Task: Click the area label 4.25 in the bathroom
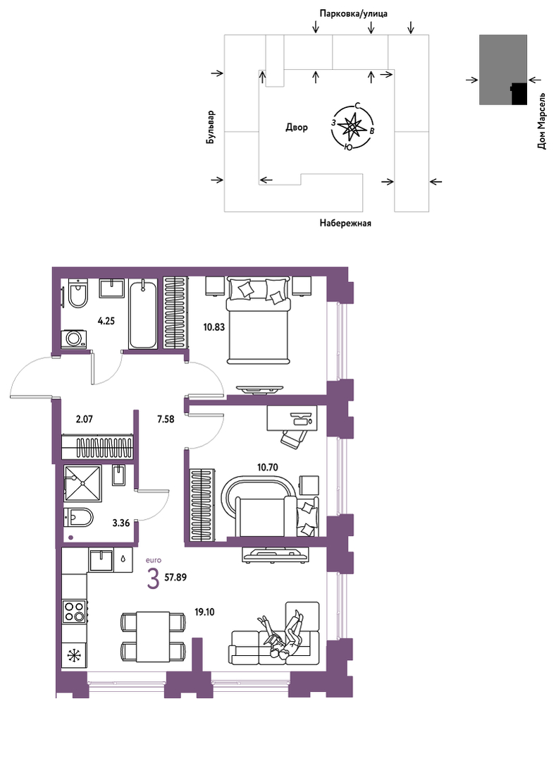(106, 321)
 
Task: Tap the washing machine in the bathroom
(74, 339)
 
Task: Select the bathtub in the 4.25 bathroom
(143, 314)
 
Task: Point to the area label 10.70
(268, 468)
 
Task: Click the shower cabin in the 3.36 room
(82, 483)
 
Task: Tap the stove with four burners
(74, 611)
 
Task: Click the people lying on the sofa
(283, 635)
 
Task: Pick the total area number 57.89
(175, 578)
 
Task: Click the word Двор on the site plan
(296, 128)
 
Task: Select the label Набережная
(345, 224)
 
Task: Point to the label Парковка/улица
(353, 13)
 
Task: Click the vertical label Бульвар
(210, 127)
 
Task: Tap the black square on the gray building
(519, 94)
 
